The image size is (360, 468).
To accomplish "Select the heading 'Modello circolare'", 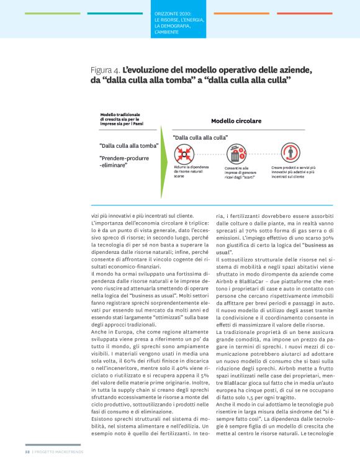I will pos(236,120).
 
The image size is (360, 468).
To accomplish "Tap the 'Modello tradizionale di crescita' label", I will pos(122,119).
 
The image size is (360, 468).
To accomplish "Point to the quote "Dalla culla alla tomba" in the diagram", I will pos(128,146).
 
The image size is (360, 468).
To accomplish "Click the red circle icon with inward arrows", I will pos(184,153).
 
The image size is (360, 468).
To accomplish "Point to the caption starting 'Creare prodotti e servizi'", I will pos(294,171).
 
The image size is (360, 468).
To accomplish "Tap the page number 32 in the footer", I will pos(27,461).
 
